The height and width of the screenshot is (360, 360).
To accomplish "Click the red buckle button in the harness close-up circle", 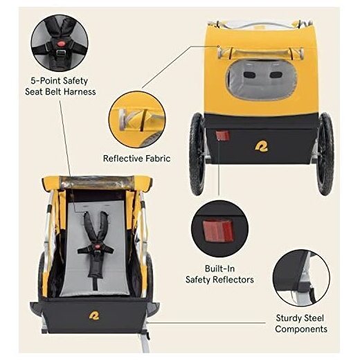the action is click(x=61, y=44).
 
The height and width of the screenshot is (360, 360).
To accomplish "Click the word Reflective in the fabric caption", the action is click(x=123, y=159).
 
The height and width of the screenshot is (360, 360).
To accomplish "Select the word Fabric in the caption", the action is click(x=158, y=159).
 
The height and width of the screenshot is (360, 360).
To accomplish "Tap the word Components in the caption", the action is click(x=301, y=329).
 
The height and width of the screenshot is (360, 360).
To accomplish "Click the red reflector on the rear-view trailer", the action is click(x=222, y=136).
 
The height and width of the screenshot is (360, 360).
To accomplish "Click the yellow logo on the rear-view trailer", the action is click(x=262, y=147).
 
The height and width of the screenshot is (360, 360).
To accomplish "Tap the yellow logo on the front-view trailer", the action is click(x=94, y=316).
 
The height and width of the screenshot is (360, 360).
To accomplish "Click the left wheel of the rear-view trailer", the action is click(x=197, y=154).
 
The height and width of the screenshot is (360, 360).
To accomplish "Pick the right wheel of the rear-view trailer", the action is click(x=325, y=154).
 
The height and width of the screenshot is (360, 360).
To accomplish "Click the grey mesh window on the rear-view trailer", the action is click(x=261, y=80).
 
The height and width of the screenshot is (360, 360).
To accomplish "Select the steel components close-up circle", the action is click(x=301, y=278).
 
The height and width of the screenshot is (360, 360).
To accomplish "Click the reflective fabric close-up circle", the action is click(x=137, y=119).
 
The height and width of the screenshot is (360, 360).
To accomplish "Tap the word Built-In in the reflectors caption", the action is click(x=219, y=269).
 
